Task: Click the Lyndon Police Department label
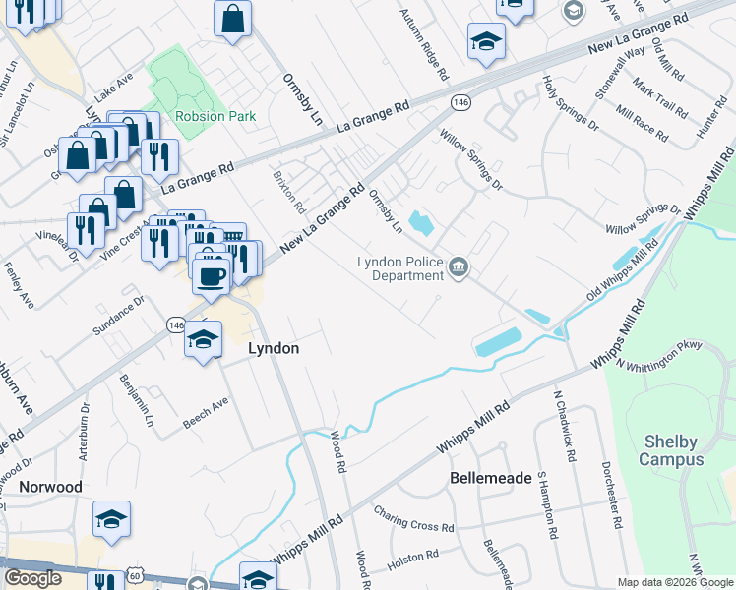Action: tap(399, 268)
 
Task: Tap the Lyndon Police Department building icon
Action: tap(459, 267)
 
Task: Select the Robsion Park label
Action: tap(215, 116)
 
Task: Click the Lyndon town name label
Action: tap(273, 348)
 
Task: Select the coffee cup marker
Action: tap(210, 275)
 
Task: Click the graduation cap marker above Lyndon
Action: tap(203, 340)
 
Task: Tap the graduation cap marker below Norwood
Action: tap(111, 520)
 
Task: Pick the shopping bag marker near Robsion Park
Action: tap(233, 18)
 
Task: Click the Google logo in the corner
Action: tap(32, 578)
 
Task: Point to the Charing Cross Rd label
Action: tap(412, 518)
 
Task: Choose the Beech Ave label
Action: tap(206, 413)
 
